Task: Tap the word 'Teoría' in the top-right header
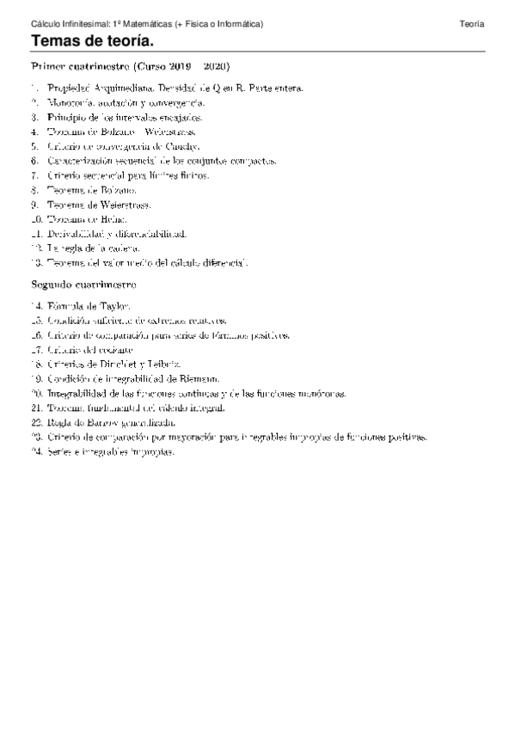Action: click(472, 24)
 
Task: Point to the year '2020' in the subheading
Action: click(217, 66)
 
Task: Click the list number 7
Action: click(34, 175)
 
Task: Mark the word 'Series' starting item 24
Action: click(59, 452)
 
